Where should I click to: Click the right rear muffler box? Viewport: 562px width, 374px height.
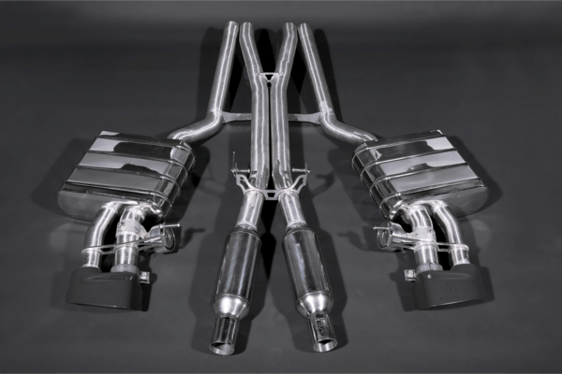tap(421, 171)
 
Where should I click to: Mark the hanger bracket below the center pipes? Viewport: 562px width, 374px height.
tap(270, 187)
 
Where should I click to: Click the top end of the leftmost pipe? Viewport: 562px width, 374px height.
tap(231, 25)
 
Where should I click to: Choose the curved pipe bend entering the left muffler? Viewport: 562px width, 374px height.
tap(192, 131)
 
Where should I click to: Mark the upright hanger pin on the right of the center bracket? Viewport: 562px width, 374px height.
tap(306, 165)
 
